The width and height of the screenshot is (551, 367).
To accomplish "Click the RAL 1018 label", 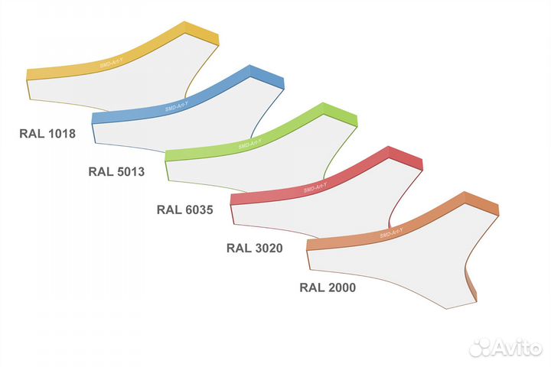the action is [47, 134].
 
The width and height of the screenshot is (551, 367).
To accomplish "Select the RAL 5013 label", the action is [116, 172].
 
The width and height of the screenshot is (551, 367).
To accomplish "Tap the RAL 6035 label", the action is [185, 210].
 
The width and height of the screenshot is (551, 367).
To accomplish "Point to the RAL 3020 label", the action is [255, 248].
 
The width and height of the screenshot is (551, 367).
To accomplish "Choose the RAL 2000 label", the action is [328, 287].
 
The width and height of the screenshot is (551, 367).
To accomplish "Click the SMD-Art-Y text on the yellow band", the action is [112, 63].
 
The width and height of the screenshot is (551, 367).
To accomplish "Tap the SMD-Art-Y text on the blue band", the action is [177, 106].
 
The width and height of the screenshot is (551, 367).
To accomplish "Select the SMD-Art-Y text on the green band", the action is [249, 144].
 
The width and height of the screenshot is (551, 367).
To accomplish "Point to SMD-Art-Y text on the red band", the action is [315, 187].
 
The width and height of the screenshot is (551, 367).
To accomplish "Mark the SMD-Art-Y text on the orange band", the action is [392, 233].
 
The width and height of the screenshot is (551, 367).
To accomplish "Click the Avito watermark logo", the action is [506, 348].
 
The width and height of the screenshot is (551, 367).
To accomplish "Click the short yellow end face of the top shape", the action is [202, 33].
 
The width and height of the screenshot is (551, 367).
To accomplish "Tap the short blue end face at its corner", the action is [267, 76].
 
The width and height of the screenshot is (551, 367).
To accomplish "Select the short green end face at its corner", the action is [340, 115].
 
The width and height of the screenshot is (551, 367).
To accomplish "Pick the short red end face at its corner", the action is [406, 158].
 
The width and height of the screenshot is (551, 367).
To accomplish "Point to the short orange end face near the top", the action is [482, 203].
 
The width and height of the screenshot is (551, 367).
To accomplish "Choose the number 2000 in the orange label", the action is [341, 287].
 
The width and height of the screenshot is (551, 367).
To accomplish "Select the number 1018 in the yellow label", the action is [61, 134].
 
